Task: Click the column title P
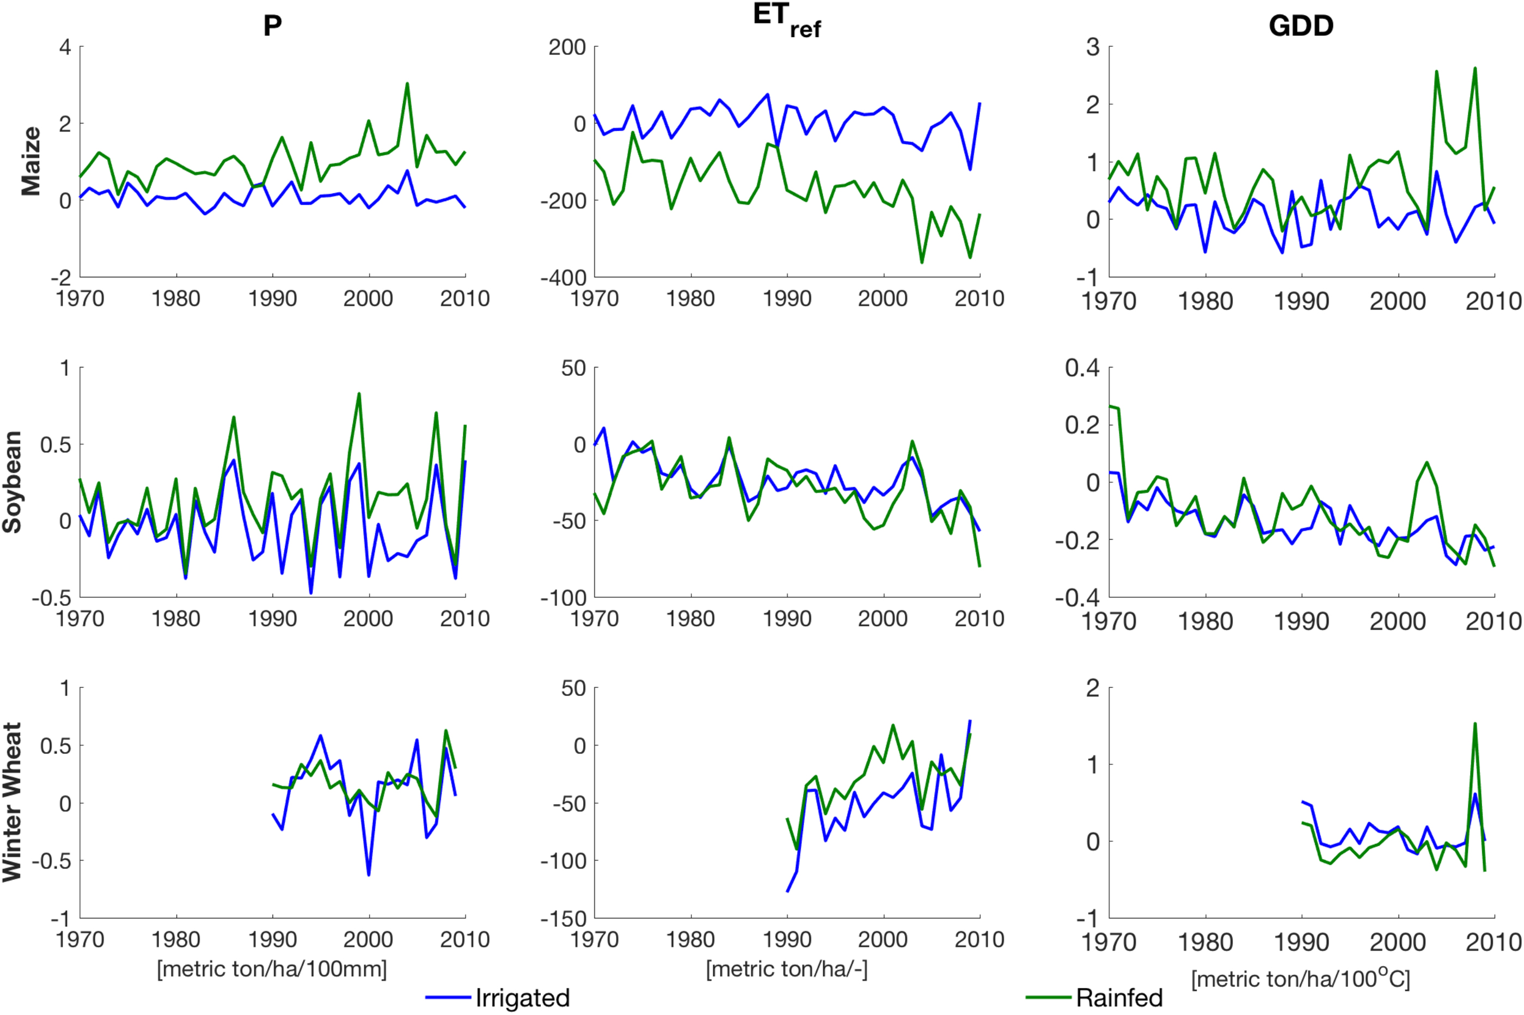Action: tap(272, 26)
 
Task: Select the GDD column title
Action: tap(1301, 26)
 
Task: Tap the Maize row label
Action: tap(30, 161)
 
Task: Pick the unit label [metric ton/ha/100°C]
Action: tap(1300, 978)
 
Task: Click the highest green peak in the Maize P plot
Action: tap(407, 83)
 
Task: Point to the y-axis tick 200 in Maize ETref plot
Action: tap(567, 47)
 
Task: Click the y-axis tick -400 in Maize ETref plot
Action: tap(563, 277)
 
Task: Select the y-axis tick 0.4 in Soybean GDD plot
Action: tap(1082, 368)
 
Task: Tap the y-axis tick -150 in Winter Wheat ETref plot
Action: tap(563, 918)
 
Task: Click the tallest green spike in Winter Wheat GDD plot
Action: tap(1475, 724)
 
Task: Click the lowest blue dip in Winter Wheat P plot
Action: tap(369, 875)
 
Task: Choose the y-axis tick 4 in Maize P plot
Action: tap(65, 47)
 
